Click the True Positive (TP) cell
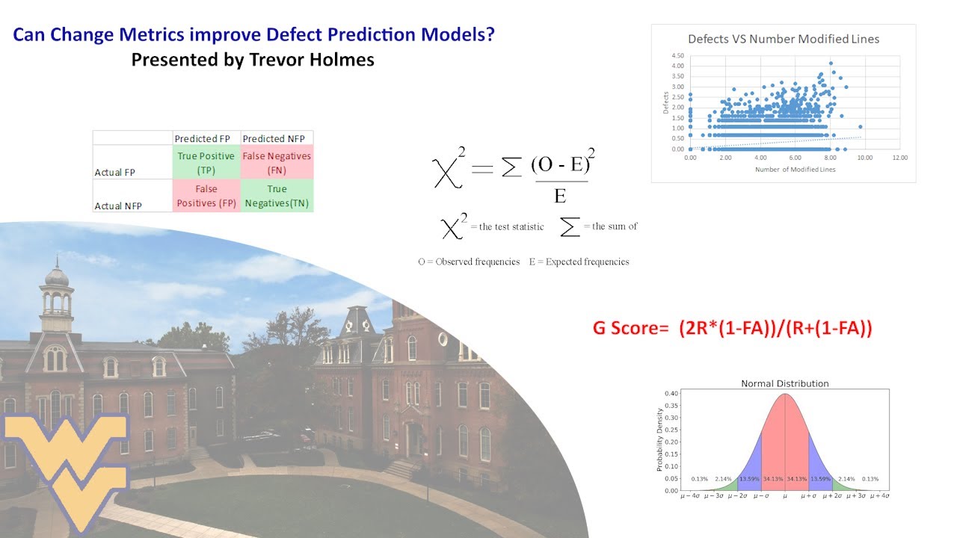[x=206, y=163]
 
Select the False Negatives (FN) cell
[x=277, y=163]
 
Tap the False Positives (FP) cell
[x=206, y=197]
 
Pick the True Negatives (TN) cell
[x=277, y=197]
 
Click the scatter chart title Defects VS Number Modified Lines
[x=783, y=39]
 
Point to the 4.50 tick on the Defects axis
[x=678, y=55]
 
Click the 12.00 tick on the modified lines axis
[x=899, y=158]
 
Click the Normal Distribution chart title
[x=784, y=383]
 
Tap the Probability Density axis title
[x=659, y=439]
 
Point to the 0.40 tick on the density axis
[x=671, y=394]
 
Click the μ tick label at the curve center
[x=785, y=496]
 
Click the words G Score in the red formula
[x=625, y=330]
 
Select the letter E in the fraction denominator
[x=559, y=197]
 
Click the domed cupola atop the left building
[x=57, y=276]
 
